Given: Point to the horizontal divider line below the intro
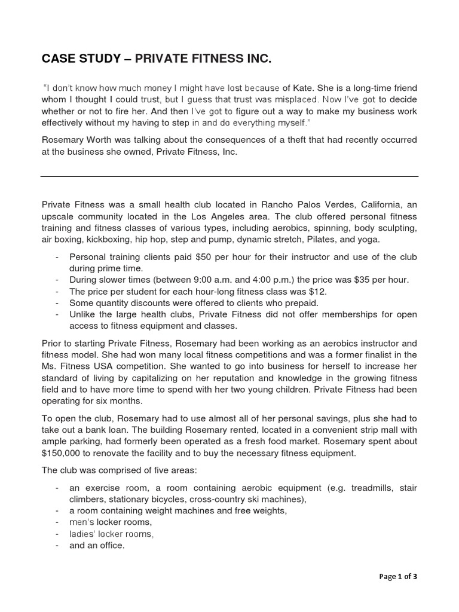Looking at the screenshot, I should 229,176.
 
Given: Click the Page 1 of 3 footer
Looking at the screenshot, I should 399,576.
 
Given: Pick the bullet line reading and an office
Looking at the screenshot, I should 97,545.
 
